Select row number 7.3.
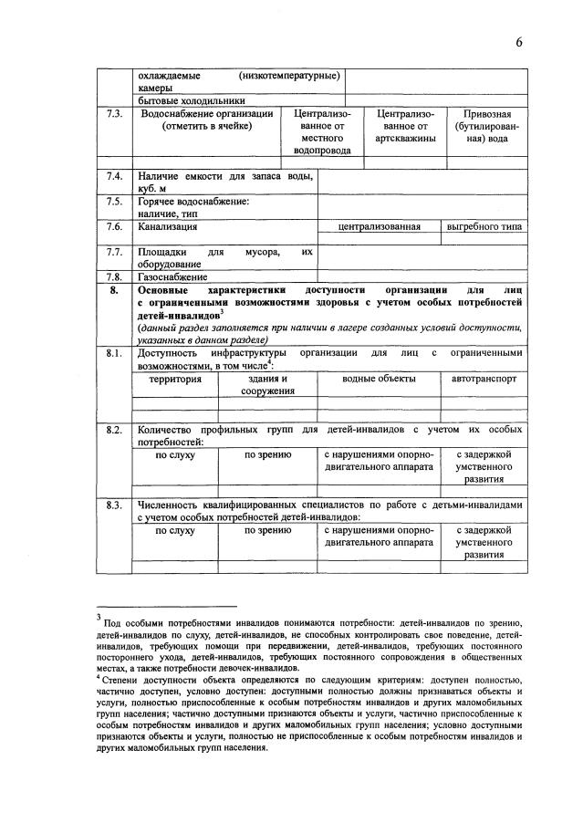114,114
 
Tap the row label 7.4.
114,175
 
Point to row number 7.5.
114,200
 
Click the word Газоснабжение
173,276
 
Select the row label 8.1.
114,352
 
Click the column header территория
175,378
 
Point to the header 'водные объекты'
379,378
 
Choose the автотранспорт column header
484,378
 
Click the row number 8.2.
114,429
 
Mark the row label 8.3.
114,505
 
